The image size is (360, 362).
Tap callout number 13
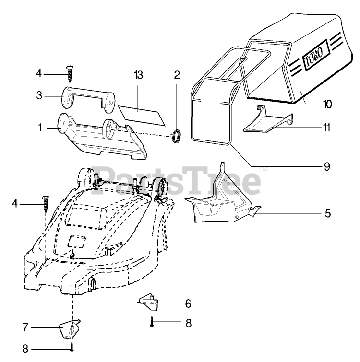click(x=139, y=75)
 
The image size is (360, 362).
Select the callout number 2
click(x=177, y=75)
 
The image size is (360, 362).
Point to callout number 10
click(x=328, y=104)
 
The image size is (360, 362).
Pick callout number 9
click(x=327, y=167)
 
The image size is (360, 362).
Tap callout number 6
click(x=188, y=304)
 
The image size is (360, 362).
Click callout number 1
click(x=41, y=128)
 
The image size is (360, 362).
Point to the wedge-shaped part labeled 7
click(x=69, y=328)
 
